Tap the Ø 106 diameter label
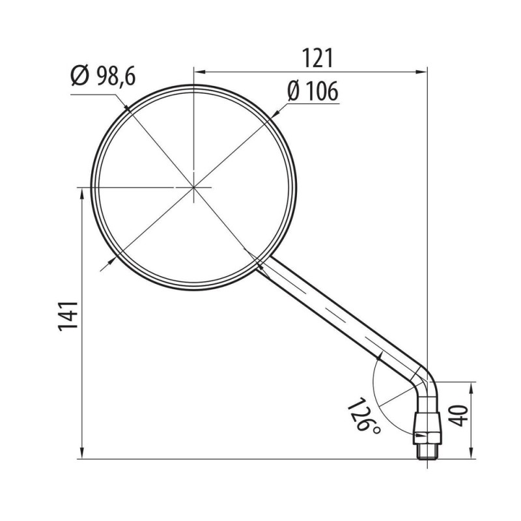coord(312,92)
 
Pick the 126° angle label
coord(363,417)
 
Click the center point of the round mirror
coord(194,188)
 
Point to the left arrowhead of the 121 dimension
coord(199,72)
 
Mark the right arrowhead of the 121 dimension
coord(423,72)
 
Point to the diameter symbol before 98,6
coord(79,77)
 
